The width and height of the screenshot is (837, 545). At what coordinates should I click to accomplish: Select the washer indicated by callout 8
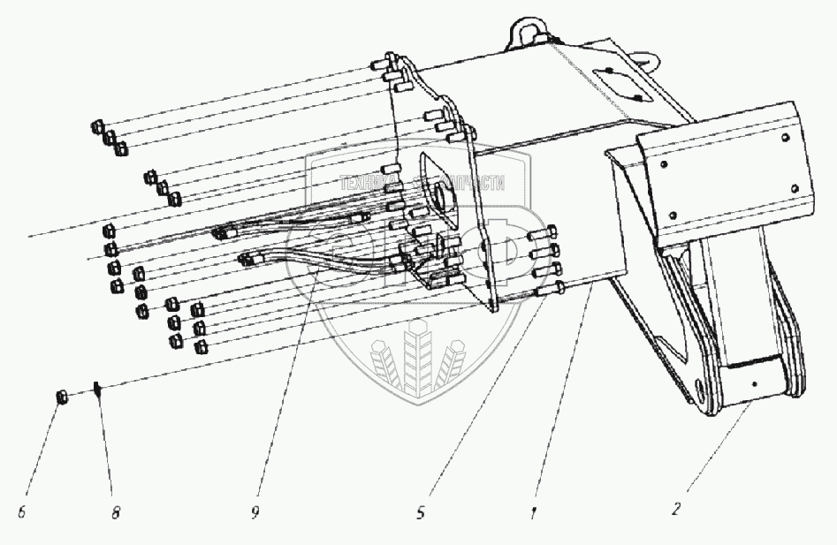[98, 390]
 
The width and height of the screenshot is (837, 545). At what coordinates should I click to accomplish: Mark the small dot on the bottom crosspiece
[753, 385]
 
